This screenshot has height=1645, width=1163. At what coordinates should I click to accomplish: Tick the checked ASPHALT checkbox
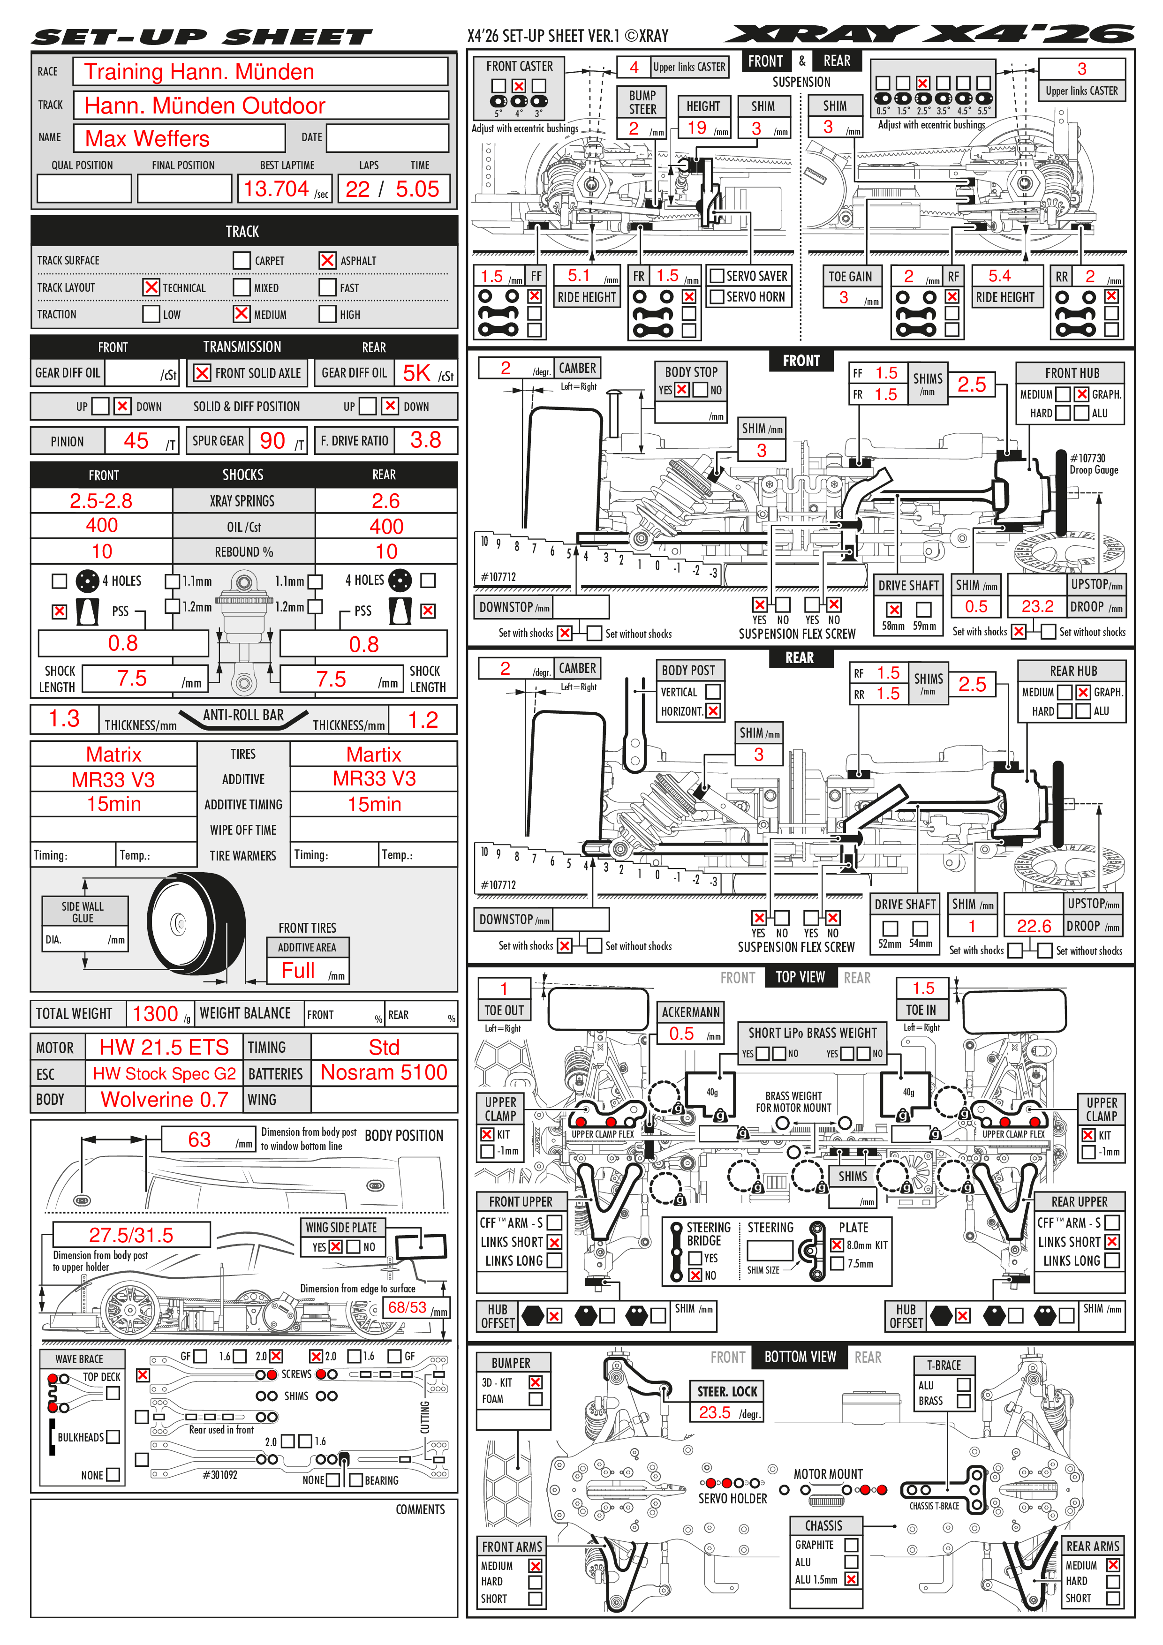coord(327,260)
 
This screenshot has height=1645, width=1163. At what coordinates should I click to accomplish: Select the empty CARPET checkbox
coord(242,260)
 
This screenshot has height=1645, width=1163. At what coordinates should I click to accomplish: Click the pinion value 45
coord(136,441)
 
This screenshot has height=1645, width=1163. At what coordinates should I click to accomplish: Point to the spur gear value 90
coord(272,441)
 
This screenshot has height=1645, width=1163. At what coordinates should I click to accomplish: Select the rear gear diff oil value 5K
coord(416,373)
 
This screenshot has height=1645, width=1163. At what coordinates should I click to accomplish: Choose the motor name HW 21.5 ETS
coord(164,1048)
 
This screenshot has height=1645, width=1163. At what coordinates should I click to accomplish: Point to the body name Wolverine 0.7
coord(164,1100)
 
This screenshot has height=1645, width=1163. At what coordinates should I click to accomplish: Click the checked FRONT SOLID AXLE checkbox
coord(203,373)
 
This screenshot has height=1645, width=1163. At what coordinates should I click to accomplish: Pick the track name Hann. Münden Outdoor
coord(205,106)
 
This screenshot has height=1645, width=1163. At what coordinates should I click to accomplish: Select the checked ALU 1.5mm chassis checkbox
coord(851,1579)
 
